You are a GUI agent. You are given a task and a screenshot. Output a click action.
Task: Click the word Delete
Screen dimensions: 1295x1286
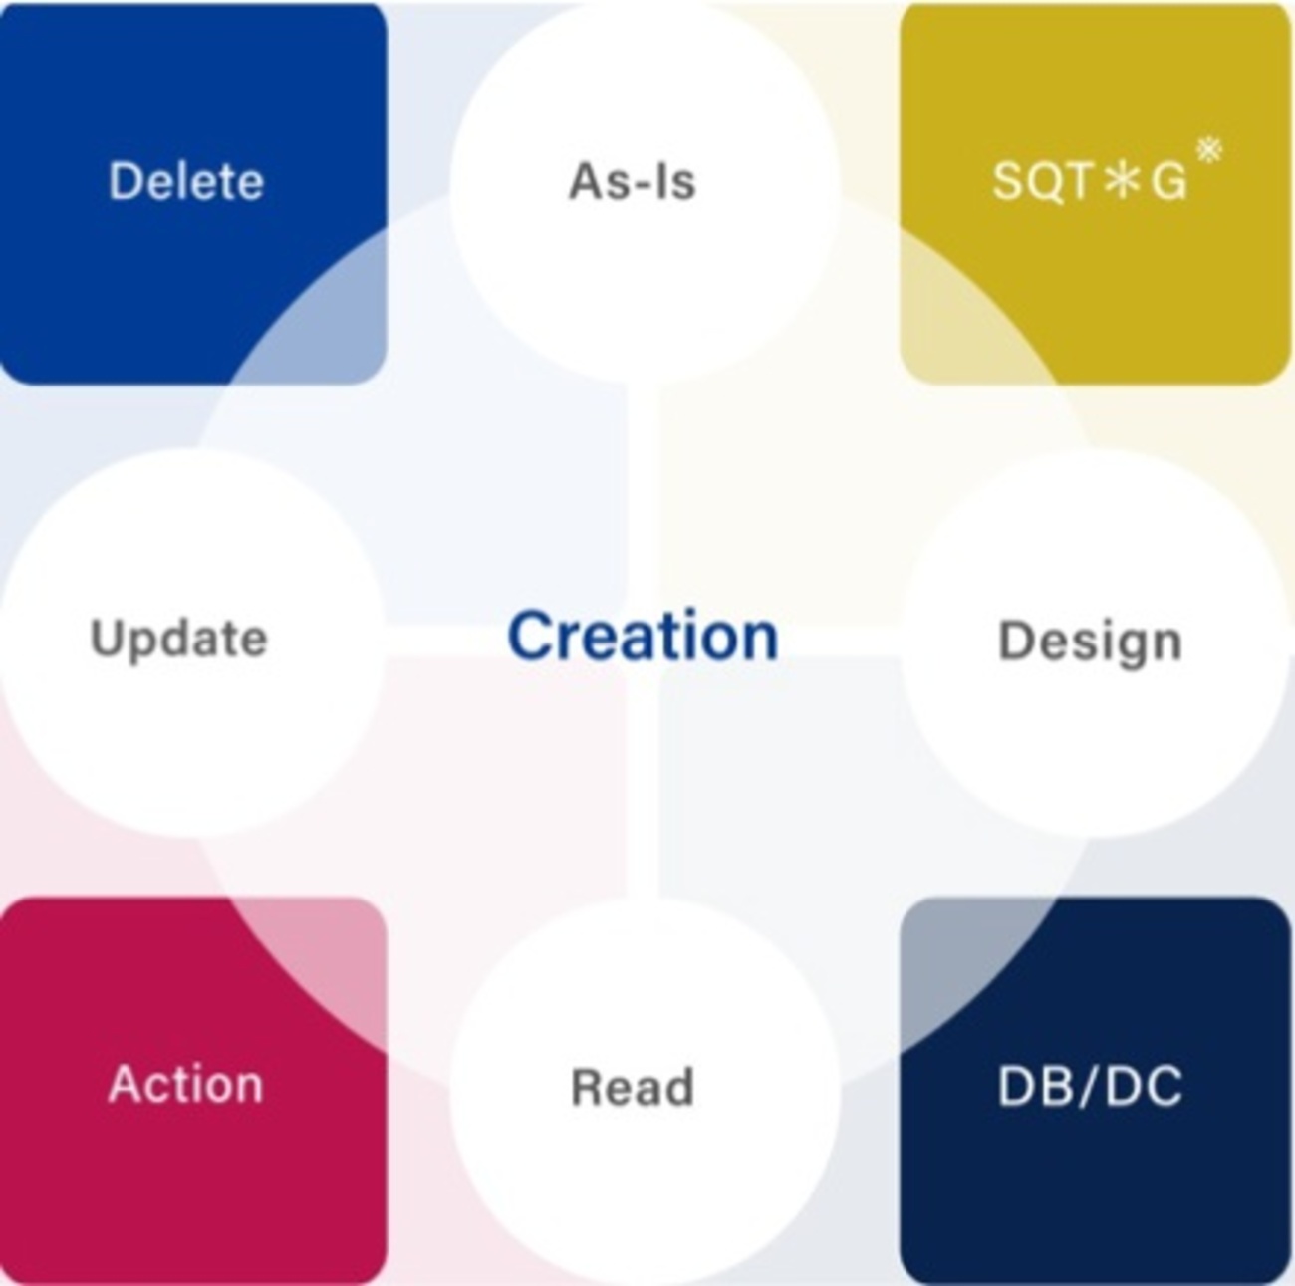coord(186,181)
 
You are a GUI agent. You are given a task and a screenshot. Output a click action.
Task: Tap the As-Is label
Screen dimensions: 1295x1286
coord(632,181)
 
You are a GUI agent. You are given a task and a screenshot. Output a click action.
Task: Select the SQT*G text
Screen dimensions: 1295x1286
coord(1090,181)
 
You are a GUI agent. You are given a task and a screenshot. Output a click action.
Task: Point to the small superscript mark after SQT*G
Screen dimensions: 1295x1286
coord(1209,150)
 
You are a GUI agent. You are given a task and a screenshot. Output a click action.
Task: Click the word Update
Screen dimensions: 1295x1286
coord(178,639)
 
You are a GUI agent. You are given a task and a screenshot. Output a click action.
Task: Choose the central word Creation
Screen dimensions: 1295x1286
coord(644,636)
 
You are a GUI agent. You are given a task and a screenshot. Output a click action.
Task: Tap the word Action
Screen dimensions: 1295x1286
coord(185,1085)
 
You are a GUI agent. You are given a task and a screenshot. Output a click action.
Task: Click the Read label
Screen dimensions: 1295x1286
coord(632,1087)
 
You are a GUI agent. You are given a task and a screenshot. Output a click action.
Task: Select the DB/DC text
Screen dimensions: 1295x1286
coord(1090,1087)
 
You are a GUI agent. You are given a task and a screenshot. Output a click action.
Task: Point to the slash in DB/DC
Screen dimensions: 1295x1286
coord(1090,1087)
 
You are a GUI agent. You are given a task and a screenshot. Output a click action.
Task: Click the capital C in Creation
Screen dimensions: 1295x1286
coord(532,636)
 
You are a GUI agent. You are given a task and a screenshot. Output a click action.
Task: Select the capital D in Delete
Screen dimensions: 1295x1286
coord(126,181)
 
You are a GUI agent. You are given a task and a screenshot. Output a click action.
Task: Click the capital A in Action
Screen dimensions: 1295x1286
coord(128,1084)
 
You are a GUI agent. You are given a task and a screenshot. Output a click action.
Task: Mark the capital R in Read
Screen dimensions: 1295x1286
coord(588,1087)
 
